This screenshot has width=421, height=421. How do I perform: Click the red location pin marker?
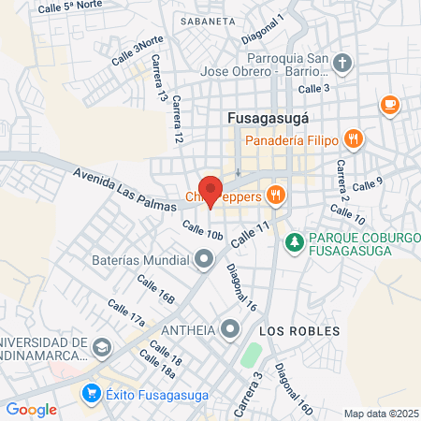[210, 191]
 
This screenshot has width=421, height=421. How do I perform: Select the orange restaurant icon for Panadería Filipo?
[353, 140]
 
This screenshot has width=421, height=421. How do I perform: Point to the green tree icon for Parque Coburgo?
[294, 241]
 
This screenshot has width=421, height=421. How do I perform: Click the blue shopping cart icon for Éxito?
[92, 394]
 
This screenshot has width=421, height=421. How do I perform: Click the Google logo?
[31, 409]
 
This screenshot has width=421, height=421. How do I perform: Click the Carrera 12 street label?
[178, 124]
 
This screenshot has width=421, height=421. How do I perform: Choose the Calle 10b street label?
[203, 231]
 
